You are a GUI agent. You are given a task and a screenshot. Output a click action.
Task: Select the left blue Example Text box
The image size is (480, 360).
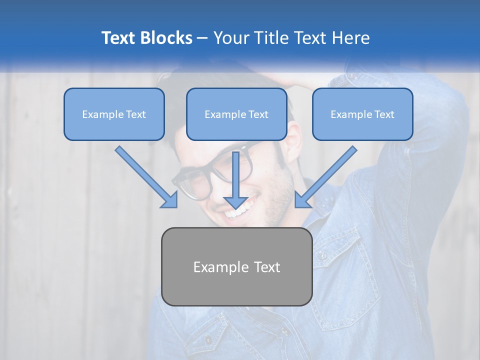114,114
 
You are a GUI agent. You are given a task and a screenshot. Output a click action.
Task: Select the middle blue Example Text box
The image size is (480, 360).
236,114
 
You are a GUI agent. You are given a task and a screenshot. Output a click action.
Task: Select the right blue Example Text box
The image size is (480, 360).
362,114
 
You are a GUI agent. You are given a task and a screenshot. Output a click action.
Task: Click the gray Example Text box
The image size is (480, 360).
236,266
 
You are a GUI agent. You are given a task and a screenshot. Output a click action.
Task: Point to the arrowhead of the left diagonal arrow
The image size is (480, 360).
170,200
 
